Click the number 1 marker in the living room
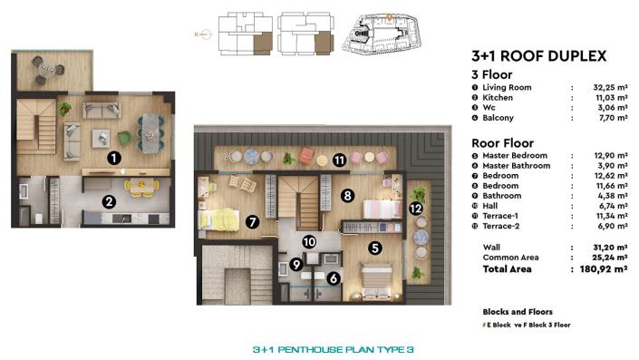click(x=113, y=158)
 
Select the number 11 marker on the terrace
click(x=338, y=161)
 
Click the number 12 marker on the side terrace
click(x=416, y=208)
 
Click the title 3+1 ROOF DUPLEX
click(x=538, y=55)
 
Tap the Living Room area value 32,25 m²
click(x=597, y=87)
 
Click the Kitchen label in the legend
click(x=498, y=97)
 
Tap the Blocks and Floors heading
click(x=513, y=308)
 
